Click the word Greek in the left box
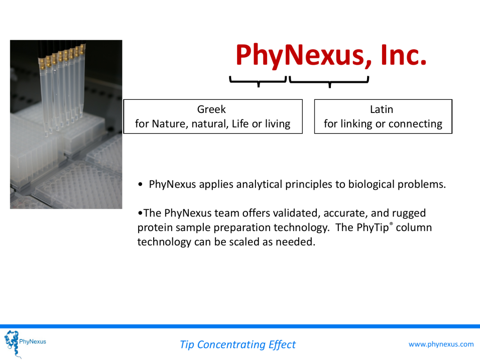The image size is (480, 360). tap(211, 109)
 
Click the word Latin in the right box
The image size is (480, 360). tap(382, 109)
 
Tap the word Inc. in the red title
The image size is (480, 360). tap(404, 55)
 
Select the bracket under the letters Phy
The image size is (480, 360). tap(258, 82)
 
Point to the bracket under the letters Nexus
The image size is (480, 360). tap(329, 82)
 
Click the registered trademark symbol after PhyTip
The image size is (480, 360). tap(391, 224)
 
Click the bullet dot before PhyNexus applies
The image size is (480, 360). tap(140, 184)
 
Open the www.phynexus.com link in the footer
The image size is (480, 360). tap(441, 344)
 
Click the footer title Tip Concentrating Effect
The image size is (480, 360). tap(238, 345)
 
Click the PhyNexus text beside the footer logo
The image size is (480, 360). tap(32, 342)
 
